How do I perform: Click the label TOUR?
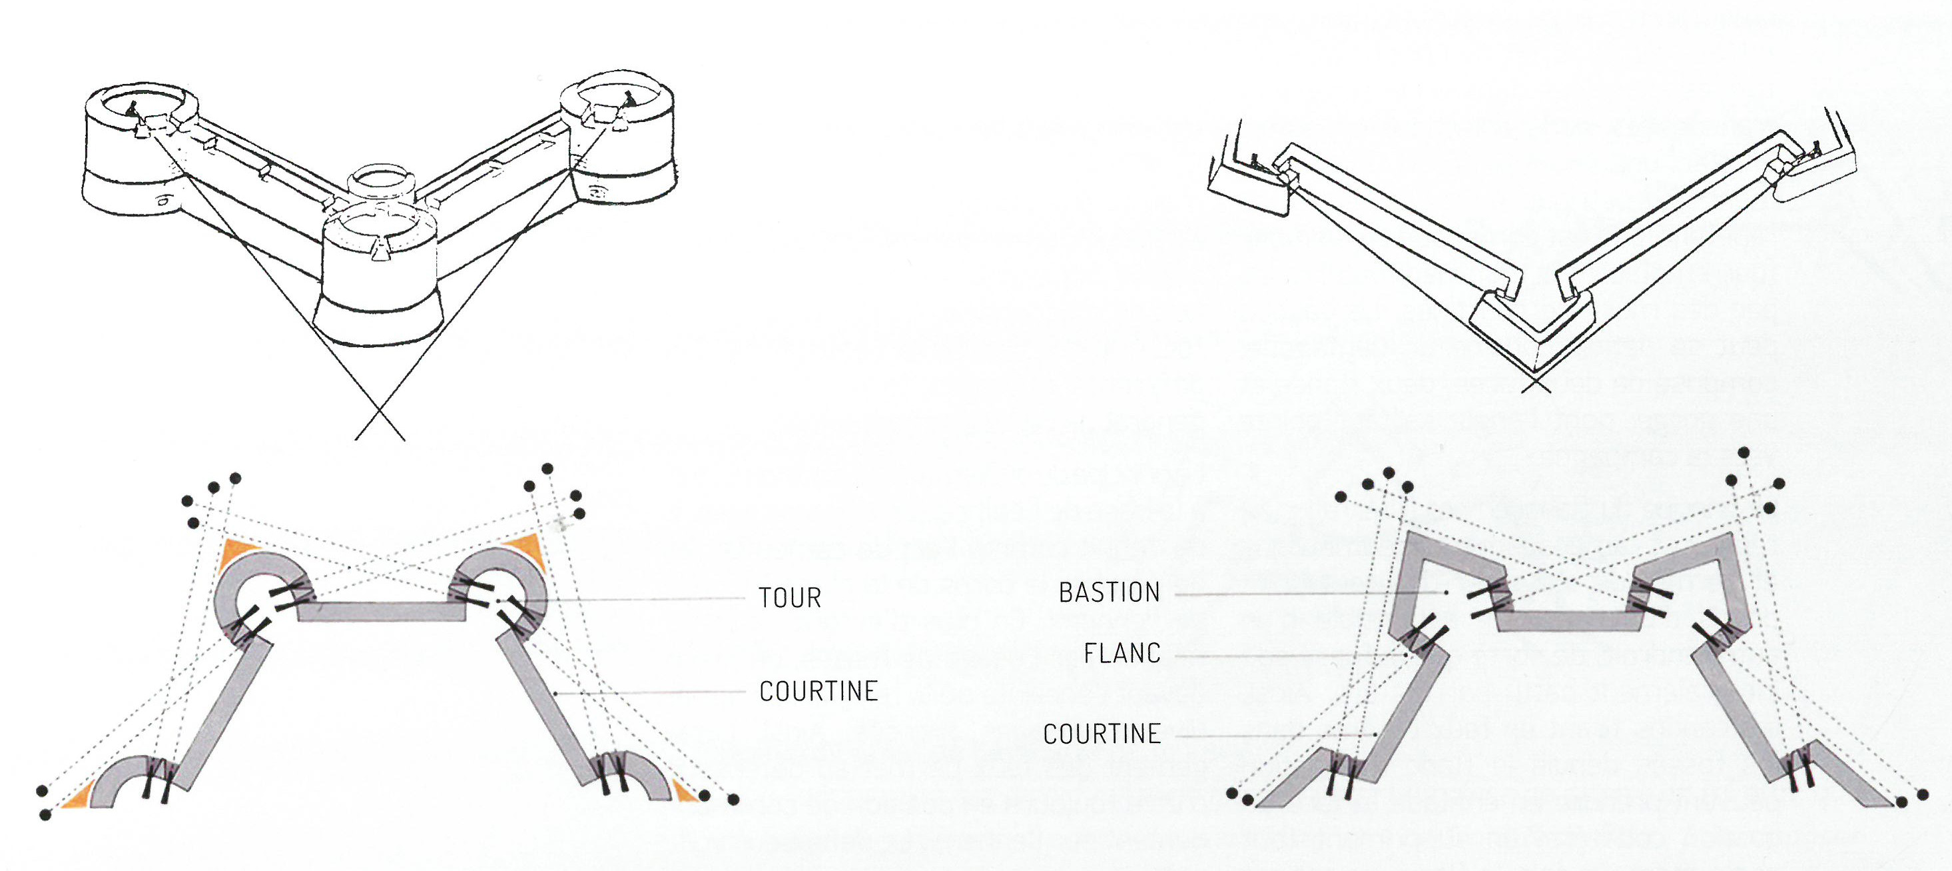pyautogui.click(x=791, y=598)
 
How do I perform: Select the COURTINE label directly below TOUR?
pyautogui.click(x=818, y=691)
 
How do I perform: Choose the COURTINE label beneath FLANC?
pyautogui.click(x=1102, y=734)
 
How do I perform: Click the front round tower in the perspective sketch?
pyautogui.click(x=379, y=281)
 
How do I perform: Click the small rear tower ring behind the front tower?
pyautogui.click(x=380, y=180)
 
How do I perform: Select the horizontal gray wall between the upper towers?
pyautogui.click(x=380, y=612)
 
